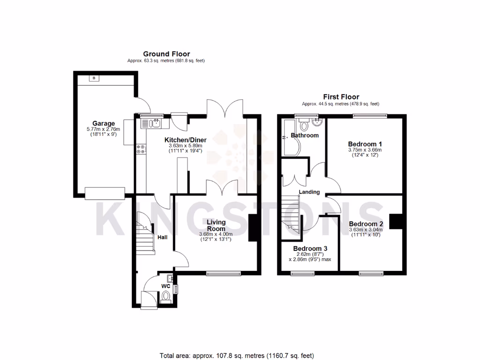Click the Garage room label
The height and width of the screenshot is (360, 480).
pos(103,124)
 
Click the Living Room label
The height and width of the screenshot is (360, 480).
pos(216,225)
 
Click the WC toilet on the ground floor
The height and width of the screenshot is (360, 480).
pos(165,297)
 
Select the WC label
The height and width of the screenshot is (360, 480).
pos(165,285)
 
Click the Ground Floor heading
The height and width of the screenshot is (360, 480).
pos(166,54)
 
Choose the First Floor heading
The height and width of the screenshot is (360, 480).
pos(341,97)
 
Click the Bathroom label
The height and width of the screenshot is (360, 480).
pos(305,135)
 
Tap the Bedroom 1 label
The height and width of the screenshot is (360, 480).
pos(365,143)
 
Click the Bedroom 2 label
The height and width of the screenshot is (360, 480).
pos(366,224)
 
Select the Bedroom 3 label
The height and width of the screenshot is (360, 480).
pos(310,248)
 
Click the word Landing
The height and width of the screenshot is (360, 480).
pos(309,192)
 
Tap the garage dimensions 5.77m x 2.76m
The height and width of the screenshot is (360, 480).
pos(103,129)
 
